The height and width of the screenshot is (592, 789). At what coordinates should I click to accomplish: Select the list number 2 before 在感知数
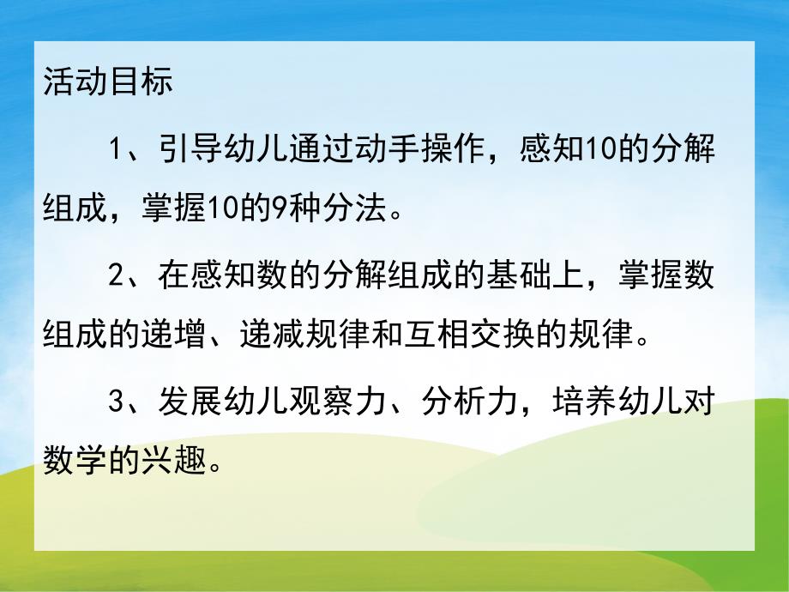coord(117,277)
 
